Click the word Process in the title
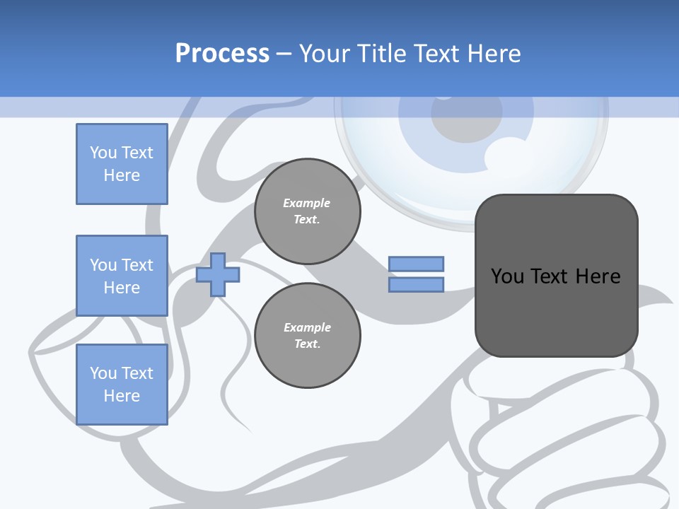[222, 54]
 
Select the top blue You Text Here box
[122, 164]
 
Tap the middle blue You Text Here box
[122, 276]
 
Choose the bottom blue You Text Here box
[122, 385]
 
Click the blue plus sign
[218, 274]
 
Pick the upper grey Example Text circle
[307, 211]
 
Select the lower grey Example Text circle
[307, 336]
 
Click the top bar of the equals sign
[416, 264]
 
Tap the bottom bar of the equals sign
[416, 284]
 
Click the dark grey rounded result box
[556, 311]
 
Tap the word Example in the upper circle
[307, 204]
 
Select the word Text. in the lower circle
[307, 344]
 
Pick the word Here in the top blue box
[122, 175]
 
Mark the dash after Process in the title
[284, 54]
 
